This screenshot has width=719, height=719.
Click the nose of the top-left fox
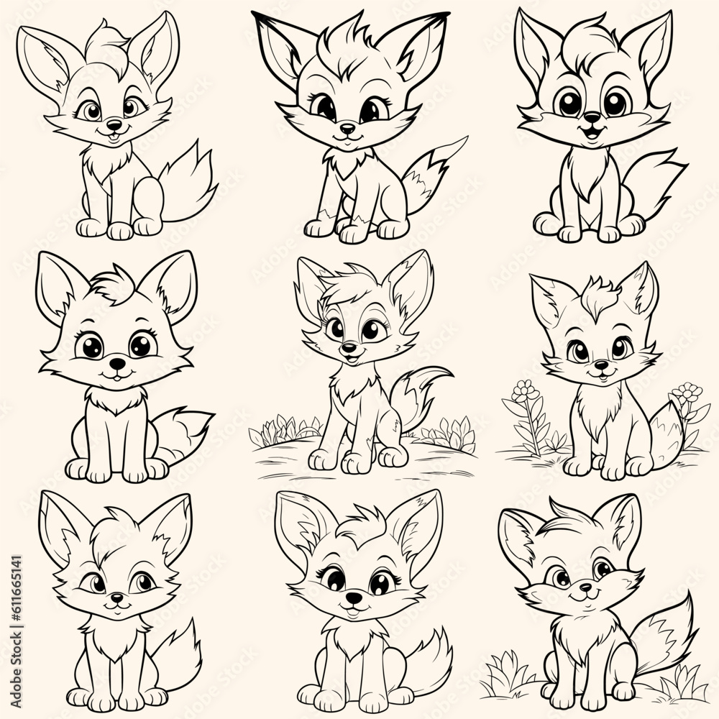coord(111,123)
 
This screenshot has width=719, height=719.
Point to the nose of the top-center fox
coord(347,128)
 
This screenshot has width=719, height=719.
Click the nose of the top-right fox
coord(591,116)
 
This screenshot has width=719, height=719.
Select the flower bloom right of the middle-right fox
coord(689,393)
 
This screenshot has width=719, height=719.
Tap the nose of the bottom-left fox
coord(115,598)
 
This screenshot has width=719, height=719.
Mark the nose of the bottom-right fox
coord(584,588)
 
